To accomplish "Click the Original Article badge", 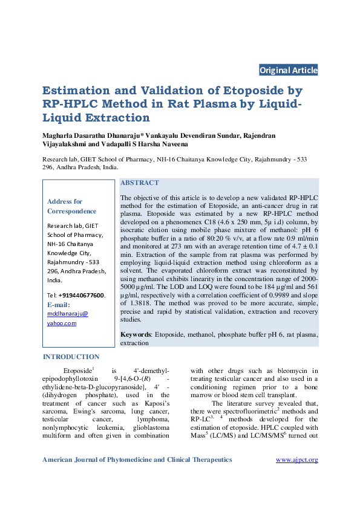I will (x=288, y=70).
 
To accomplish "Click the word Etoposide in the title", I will (x=241, y=91).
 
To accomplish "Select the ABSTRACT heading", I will (x=140, y=183).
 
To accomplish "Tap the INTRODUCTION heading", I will (x=71, y=357).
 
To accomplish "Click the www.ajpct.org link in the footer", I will (x=296, y=460).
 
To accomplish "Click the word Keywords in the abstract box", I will (x=136, y=334).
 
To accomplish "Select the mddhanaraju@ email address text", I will (x=67, y=314).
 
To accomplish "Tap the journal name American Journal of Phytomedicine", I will (x=103, y=460).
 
